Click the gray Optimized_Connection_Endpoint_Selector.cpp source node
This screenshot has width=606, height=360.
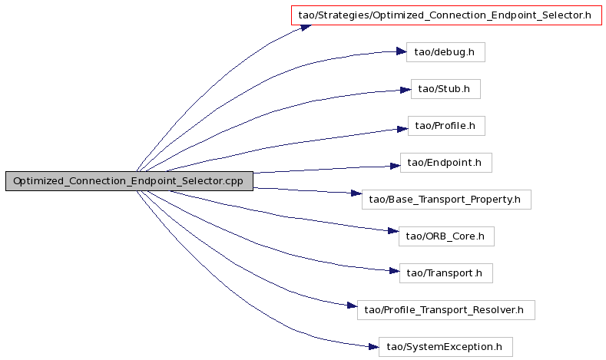[129, 181]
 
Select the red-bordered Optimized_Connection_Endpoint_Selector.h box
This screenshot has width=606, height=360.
[446, 15]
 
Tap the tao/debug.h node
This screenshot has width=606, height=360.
[445, 52]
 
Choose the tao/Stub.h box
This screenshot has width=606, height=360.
[445, 89]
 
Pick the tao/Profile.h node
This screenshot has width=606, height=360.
[446, 126]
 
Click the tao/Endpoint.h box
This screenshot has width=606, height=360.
[446, 163]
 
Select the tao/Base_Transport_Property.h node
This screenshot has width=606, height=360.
[446, 200]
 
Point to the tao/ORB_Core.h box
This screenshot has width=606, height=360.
[446, 236]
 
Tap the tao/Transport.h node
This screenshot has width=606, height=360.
[446, 273]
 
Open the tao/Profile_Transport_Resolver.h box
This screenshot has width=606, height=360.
[446, 310]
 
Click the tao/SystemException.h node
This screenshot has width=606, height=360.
[445, 347]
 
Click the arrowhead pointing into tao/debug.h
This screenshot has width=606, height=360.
[401, 51]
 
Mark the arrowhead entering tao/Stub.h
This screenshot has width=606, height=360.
[406, 90]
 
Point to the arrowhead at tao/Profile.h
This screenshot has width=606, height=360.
[402, 129]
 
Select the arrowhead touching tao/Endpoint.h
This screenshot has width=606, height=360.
[395, 166]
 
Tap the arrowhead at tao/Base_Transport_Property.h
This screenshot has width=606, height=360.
[356, 193]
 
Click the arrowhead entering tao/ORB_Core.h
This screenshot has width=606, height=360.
[393, 231]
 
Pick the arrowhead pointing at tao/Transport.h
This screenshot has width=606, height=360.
[394, 271]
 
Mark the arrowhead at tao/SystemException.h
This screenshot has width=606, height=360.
[373, 347]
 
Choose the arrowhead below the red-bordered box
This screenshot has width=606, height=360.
[306, 28]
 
